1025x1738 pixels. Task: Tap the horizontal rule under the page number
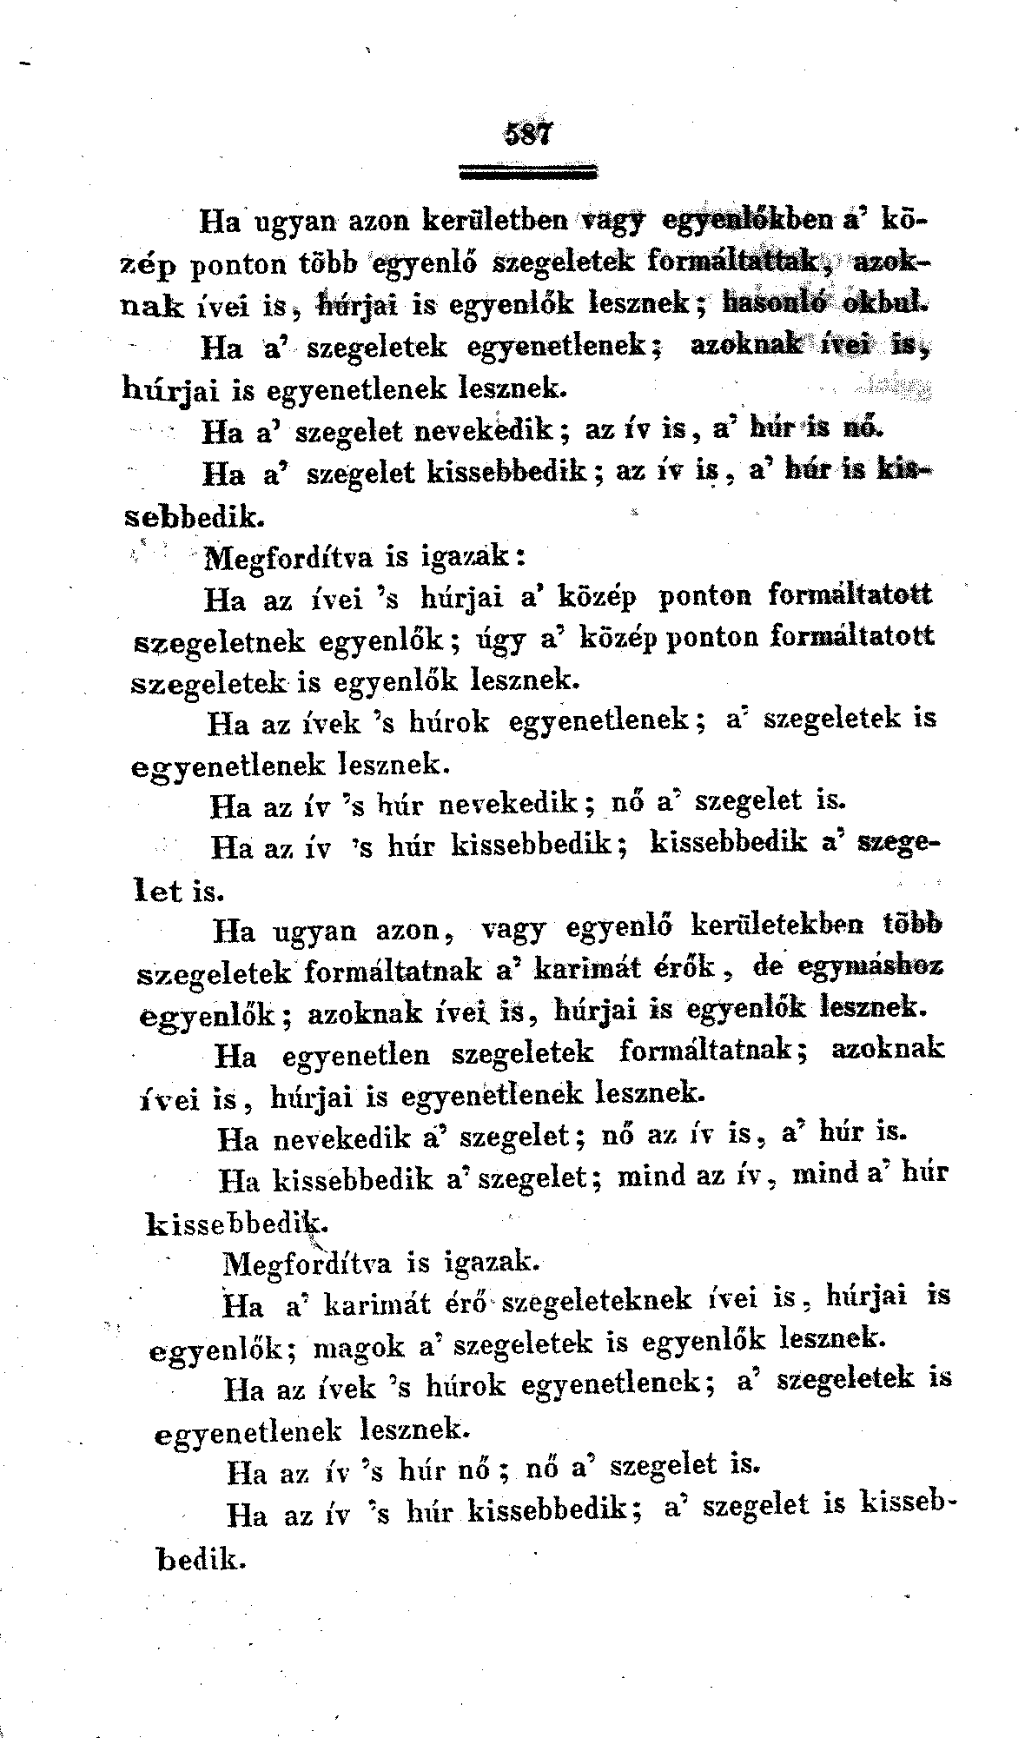click(529, 171)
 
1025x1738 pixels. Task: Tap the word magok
click(356, 1344)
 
